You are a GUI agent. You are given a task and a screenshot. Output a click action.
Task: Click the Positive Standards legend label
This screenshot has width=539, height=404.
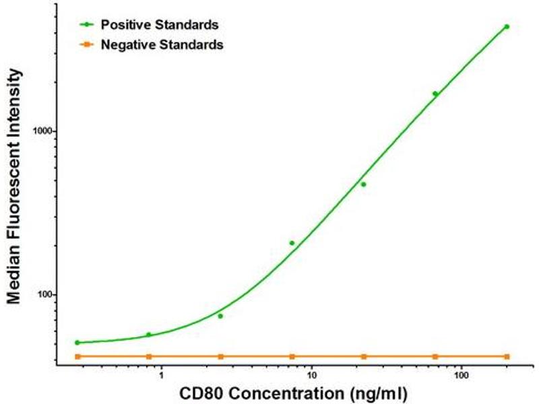tap(159, 25)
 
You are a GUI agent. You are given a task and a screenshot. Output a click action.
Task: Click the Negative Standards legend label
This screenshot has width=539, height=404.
tap(162, 45)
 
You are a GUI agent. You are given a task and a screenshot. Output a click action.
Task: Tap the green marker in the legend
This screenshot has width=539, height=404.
tap(87, 25)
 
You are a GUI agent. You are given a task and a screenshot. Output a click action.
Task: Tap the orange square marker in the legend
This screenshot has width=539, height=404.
tap(87, 45)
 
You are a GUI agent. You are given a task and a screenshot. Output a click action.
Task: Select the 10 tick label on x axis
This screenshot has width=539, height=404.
tap(311, 374)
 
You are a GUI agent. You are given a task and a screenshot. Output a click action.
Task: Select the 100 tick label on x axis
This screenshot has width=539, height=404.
tap(461, 374)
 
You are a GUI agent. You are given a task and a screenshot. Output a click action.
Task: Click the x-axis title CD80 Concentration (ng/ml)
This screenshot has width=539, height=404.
tap(292, 392)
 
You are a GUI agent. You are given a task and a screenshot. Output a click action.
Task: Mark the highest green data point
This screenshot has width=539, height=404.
tap(507, 27)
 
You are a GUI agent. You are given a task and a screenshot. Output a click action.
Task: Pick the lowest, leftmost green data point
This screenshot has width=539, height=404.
tap(77, 343)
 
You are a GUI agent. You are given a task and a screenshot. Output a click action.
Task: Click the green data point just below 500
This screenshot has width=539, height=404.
tap(363, 184)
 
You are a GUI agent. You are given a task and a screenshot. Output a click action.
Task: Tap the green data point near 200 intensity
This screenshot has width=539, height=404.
tap(292, 243)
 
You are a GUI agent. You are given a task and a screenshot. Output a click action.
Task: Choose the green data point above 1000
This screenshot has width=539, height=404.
tap(435, 94)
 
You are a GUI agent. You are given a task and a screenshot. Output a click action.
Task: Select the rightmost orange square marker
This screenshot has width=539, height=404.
tap(507, 356)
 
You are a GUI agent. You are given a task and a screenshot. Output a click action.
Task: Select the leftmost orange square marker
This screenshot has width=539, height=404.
tap(77, 356)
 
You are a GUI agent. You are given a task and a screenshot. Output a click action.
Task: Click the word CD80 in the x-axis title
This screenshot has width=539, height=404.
tap(200, 392)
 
